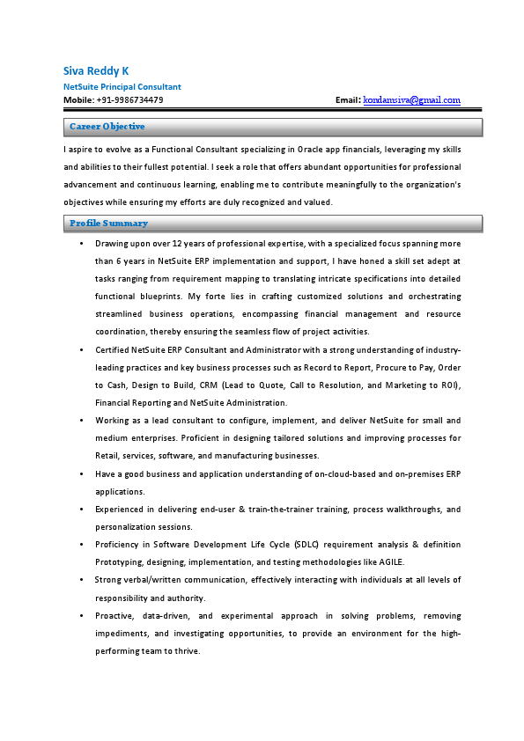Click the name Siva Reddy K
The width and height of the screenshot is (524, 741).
coord(95,70)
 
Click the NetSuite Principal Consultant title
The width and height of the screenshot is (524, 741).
coord(122,87)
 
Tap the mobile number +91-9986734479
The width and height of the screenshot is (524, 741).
coord(129,100)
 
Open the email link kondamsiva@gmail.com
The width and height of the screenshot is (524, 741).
coord(411,100)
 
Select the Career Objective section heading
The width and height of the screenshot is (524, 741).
coord(107,128)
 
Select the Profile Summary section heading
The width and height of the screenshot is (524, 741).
coord(108,224)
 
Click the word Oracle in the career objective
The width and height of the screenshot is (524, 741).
coord(314,150)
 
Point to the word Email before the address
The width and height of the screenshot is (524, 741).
coord(347,100)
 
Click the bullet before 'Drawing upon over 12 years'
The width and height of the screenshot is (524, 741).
coord(81,243)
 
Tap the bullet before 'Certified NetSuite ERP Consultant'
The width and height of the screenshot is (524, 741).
coord(81,349)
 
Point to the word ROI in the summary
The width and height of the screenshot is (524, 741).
coord(447,385)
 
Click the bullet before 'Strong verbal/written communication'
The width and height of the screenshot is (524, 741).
coord(81,580)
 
